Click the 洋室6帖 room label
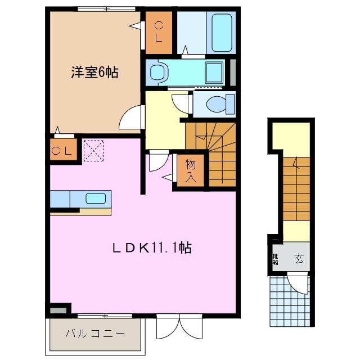point(94,73)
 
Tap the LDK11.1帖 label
point(159,247)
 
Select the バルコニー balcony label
point(95,334)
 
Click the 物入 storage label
point(191,170)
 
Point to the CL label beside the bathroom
point(159,31)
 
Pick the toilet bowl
point(215,104)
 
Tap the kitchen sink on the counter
point(94,198)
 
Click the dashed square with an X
point(93,150)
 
